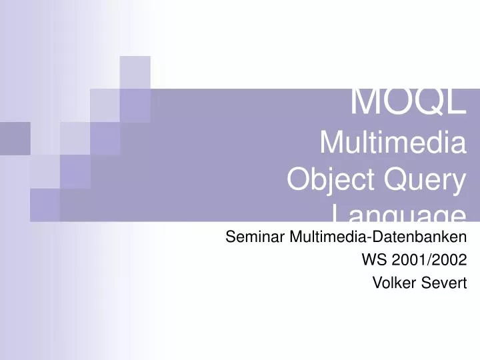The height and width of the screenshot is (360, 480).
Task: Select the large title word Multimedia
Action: pos(393,143)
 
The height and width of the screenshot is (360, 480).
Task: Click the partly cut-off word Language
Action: pos(398,214)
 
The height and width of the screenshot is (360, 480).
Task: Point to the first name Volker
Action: pos(393,283)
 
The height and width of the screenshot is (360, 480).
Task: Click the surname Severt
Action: pos(443,283)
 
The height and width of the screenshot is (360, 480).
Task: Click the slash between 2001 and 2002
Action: pos(425,260)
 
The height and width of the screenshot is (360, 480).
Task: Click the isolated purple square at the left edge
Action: pos(15,138)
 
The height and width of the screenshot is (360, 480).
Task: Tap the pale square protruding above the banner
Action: pos(135,72)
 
